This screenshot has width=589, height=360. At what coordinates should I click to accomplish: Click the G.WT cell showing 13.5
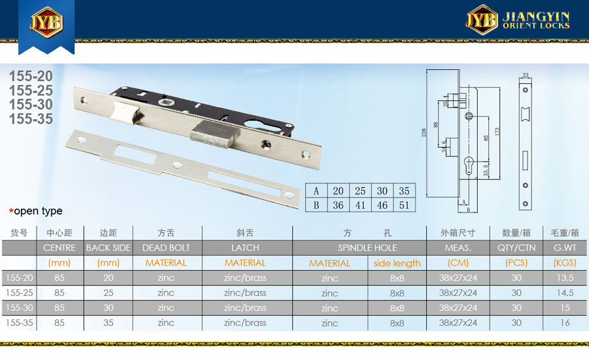pyautogui.click(x=565, y=278)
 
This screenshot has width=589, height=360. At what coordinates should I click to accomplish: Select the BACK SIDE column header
pyautogui.click(x=108, y=248)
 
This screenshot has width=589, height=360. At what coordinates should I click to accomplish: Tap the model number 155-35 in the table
pyautogui.click(x=19, y=323)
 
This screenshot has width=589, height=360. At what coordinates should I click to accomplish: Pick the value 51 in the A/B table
pyautogui.click(x=404, y=205)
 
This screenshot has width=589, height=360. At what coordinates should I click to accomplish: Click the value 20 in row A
pyautogui.click(x=338, y=191)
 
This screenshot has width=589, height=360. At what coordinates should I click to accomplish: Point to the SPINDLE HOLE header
pyautogui.click(x=367, y=248)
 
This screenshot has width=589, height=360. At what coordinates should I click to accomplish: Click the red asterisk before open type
pyautogui.click(x=11, y=211)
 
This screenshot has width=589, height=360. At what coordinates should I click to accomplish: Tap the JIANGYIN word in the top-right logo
pyautogui.click(x=536, y=16)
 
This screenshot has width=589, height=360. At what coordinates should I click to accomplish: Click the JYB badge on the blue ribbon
pyautogui.click(x=46, y=22)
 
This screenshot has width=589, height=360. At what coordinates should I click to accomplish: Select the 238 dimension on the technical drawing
pyautogui.click(x=423, y=133)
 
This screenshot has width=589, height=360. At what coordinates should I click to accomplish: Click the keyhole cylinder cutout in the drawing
pyautogui.click(x=469, y=166)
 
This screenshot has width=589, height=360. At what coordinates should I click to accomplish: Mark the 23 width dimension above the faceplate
pyautogui.click(x=526, y=75)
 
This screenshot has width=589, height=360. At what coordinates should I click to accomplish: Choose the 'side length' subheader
pyautogui.click(x=397, y=263)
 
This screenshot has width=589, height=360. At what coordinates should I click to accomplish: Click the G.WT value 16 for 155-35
pyautogui.click(x=565, y=323)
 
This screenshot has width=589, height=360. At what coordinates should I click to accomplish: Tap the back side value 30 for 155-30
pyautogui.click(x=108, y=308)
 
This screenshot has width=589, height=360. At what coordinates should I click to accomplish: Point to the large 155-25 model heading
pyautogui.click(x=31, y=90)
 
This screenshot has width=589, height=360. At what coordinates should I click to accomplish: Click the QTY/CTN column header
pyautogui.click(x=516, y=248)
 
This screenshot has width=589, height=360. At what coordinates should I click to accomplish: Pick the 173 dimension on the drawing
pyautogui.click(x=497, y=132)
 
